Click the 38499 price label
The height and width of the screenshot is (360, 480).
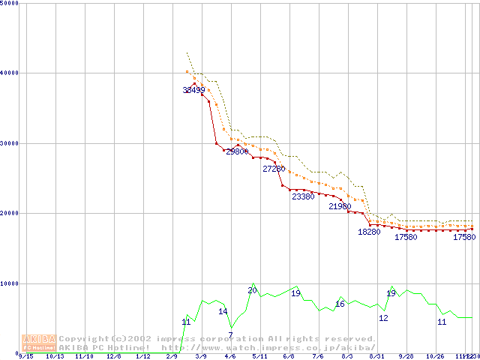(x=193, y=90)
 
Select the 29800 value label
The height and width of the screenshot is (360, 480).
(x=237, y=151)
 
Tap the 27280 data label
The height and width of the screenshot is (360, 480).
(x=274, y=169)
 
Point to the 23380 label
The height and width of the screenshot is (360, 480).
(x=303, y=196)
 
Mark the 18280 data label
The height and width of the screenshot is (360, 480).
(x=369, y=232)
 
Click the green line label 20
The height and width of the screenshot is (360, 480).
(x=252, y=290)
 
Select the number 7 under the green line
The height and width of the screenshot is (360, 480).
(x=230, y=334)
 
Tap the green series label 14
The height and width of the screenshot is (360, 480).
(x=223, y=311)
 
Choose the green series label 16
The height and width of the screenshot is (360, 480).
(x=340, y=304)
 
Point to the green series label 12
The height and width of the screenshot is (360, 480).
(x=383, y=318)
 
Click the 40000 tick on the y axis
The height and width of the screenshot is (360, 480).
(x=10, y=73)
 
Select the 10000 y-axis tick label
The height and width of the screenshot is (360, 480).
(x=10, y=283)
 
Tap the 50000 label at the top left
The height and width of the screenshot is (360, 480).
(x=10, y=3)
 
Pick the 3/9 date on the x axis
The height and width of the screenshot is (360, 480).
(x=200, y=357)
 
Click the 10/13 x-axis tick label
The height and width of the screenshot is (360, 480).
(x=54, y=357)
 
